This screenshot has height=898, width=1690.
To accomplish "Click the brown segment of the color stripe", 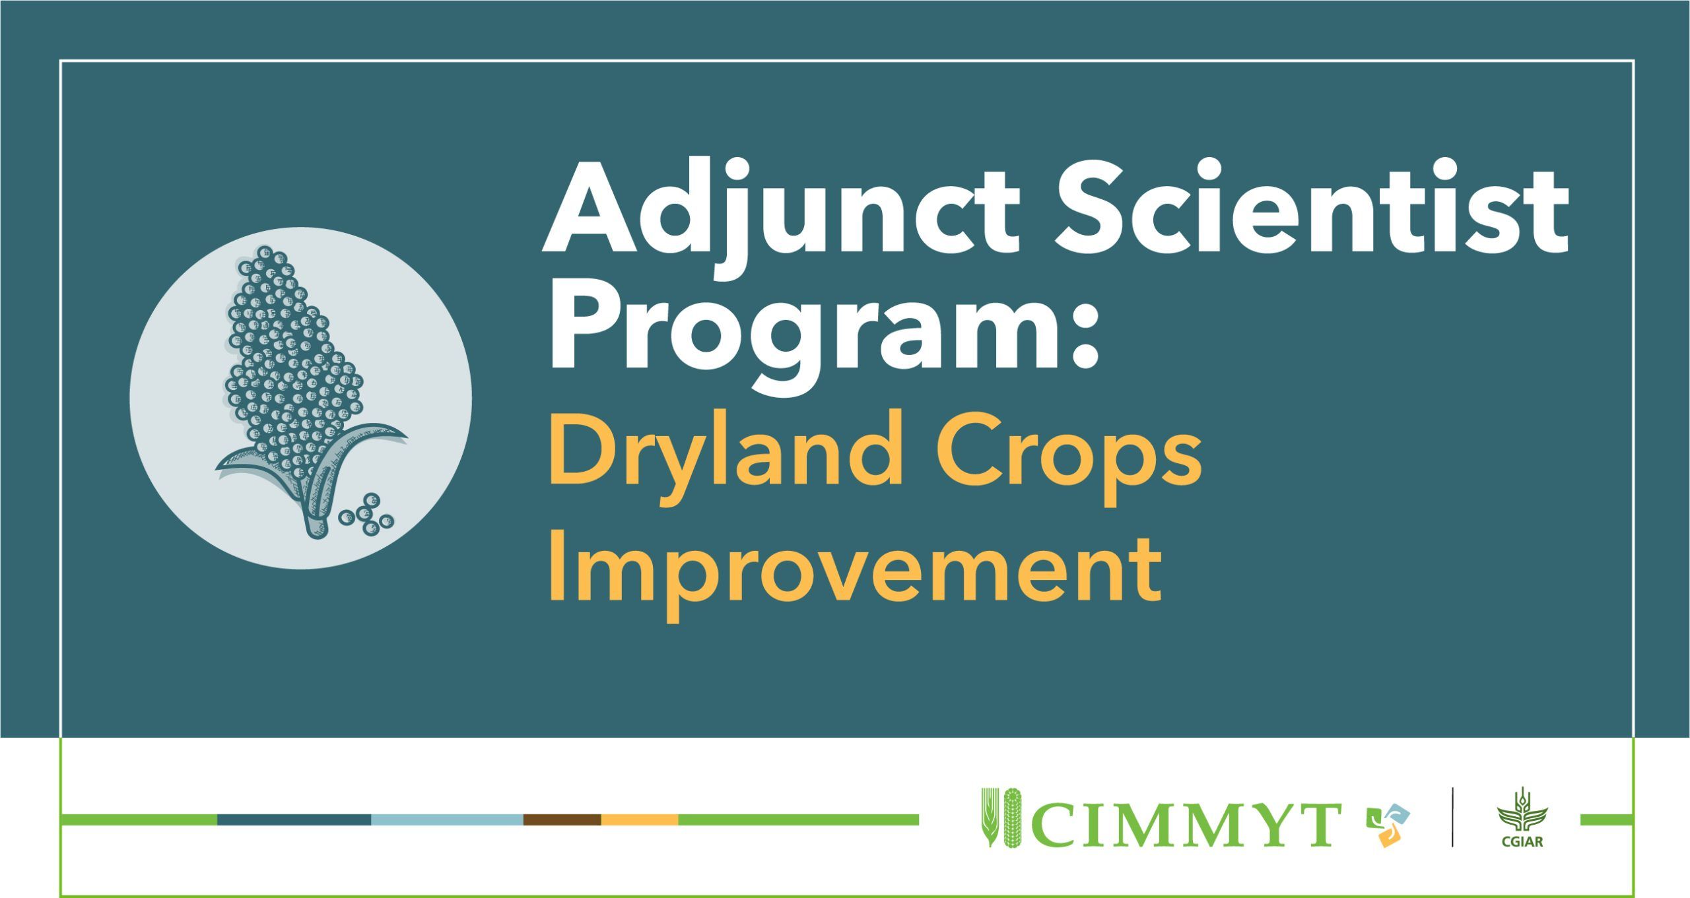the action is click(562, 819).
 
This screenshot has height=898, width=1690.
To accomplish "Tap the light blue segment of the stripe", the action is click(447, 819).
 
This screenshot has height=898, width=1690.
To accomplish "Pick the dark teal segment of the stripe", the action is click(294, 819).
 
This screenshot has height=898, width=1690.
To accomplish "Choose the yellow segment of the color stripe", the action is click(640, 819).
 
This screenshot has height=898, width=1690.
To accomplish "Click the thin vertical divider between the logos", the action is click(1452, 817).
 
